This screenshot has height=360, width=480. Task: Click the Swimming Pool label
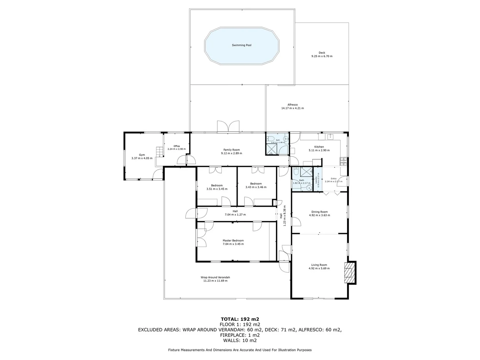click(x=241, y=45)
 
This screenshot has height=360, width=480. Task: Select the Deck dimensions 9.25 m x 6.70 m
click(x=322, y=56)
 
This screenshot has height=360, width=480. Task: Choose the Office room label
click(x=176, y=146)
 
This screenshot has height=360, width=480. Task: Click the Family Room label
click(x=231, y=150)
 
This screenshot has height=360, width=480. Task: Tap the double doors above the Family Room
click(x=228, y=127)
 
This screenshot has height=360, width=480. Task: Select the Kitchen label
click(x=319, y=147)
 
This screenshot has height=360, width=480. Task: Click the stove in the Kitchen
click(x=343, y=162)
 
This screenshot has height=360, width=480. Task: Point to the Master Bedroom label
click(x=233, y=240)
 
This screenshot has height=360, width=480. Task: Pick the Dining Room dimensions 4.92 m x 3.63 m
click(x=319, y=215)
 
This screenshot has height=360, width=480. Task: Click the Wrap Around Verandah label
click(x=215, y=277)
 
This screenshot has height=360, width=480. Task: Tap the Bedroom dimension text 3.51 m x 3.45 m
click(x=217, y=189)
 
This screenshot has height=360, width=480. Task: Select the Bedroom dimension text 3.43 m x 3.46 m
click(x=256, y=187)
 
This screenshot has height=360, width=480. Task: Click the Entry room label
click(x=333, y=179)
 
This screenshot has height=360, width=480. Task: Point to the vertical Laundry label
click(x=316, y=180)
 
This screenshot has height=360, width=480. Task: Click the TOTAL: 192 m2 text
click(x=240, y=319)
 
